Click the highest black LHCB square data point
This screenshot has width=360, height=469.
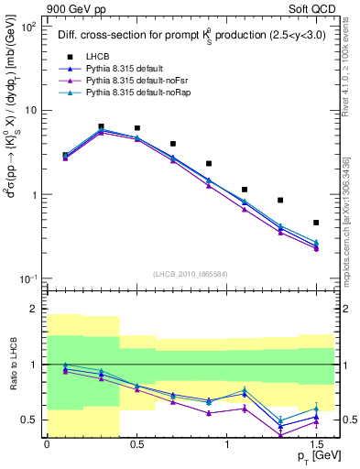coord(101,126)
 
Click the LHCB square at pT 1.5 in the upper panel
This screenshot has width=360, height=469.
coord(316,223)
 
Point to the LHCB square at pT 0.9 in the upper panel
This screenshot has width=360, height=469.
coord(209,163)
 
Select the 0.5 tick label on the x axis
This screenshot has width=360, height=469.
coord(136,443)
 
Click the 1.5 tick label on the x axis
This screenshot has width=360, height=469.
coord(315,443)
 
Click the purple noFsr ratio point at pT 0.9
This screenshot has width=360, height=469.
coord(209,413)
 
